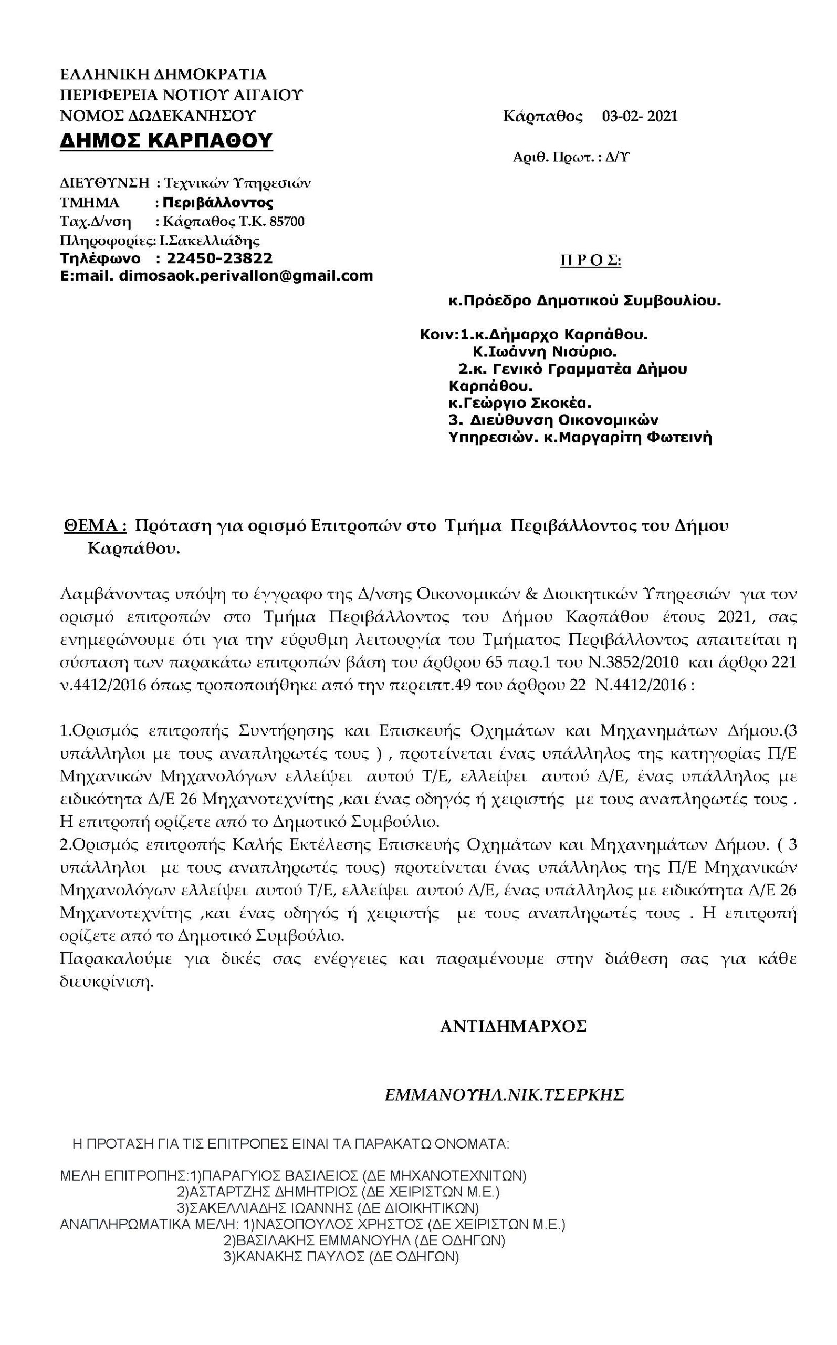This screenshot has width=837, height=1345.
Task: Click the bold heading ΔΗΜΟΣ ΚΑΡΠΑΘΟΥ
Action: tap(166, 141)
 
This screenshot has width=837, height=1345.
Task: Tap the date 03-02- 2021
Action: tap(640, 116)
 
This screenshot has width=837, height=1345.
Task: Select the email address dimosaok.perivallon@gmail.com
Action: tap(246, 276)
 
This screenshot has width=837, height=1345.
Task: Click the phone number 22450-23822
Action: tap(220, 258)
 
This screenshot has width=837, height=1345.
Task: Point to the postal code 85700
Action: tap(286, 222)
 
